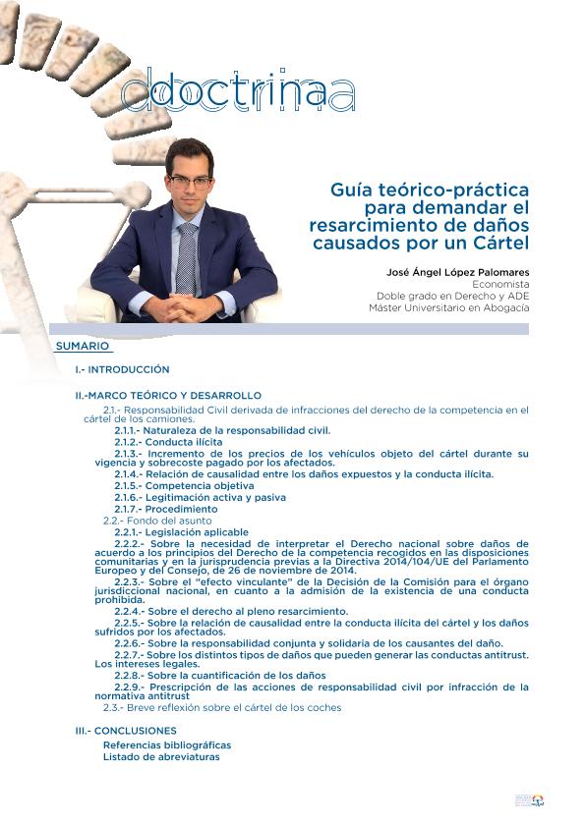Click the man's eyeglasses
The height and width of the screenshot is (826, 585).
click(190, 183)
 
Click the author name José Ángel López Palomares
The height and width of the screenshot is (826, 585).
click(457, 270)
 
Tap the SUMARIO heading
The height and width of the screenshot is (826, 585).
click(83, 347)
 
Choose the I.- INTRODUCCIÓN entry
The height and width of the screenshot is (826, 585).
click(122, 369)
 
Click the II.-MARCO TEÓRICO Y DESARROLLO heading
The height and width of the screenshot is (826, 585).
click(168, 395)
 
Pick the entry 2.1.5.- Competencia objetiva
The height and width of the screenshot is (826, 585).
click(184, 486)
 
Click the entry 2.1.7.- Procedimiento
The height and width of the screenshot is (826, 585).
click(166, 509)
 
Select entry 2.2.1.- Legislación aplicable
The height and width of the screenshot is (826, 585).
click(181, 532)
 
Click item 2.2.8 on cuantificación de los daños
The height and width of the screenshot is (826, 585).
click(220, 676)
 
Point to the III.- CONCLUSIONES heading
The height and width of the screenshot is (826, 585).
click(126, 731)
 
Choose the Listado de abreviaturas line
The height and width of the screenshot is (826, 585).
click(161, 756)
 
